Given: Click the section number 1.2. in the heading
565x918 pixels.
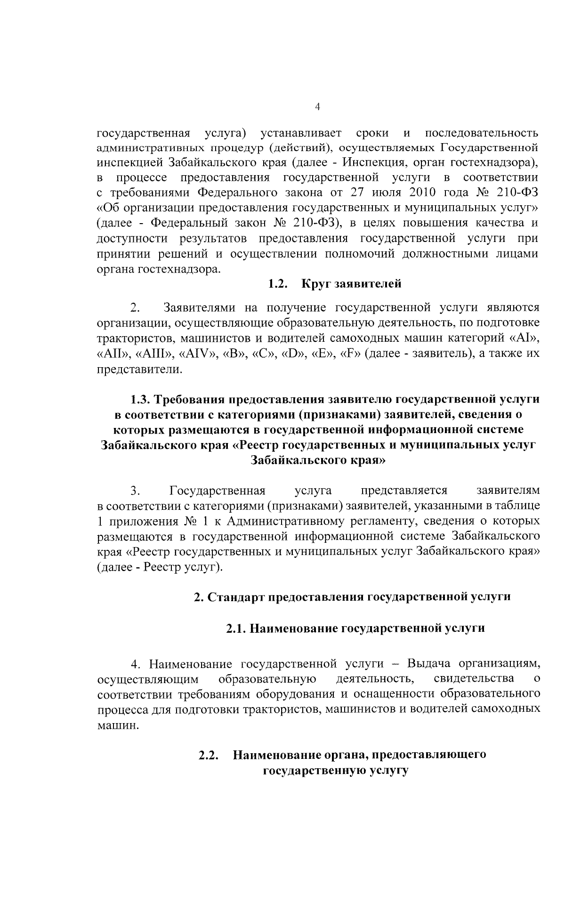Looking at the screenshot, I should tap(278, 284).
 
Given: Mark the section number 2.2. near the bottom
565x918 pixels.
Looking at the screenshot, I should tap(209, 755).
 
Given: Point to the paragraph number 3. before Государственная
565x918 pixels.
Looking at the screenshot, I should tap(136, 491).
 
